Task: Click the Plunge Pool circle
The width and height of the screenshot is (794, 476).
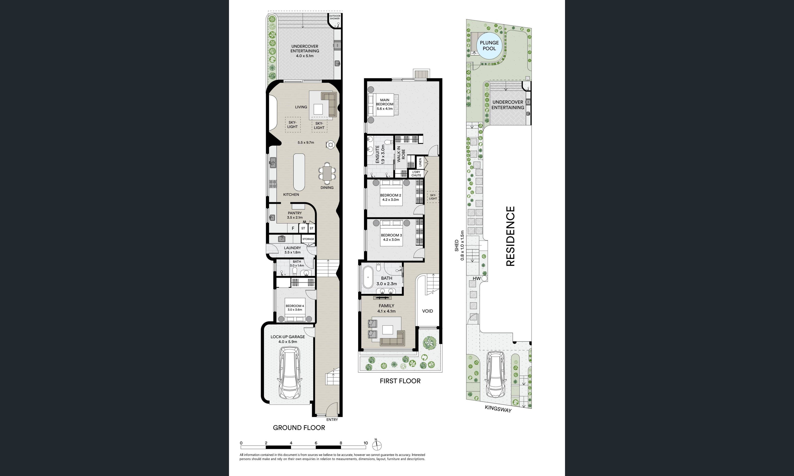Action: [x=489, y=46]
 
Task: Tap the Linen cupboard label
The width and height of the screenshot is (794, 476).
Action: [x=420, y=162]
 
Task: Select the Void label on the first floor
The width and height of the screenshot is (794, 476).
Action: [x=427, y=311]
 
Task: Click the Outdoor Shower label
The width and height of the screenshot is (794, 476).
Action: [x=335, y=17]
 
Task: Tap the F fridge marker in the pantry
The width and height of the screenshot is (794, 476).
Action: [x=293, y=228]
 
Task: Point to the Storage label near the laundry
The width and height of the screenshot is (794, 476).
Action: [x=308, y=239]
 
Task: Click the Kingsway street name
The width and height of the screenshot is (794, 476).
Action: [x=498, y=409]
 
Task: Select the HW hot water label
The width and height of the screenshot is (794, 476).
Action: [x=476, y=278]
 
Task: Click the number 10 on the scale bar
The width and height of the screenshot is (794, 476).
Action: [x=366, y=443]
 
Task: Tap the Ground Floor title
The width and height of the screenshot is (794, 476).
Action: [x=299, y=428]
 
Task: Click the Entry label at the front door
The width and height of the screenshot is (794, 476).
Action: [x=332, y=420]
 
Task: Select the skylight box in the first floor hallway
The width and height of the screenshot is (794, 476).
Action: [x=433, y=197]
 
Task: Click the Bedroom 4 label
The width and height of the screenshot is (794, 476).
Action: [x=295, y=308]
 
